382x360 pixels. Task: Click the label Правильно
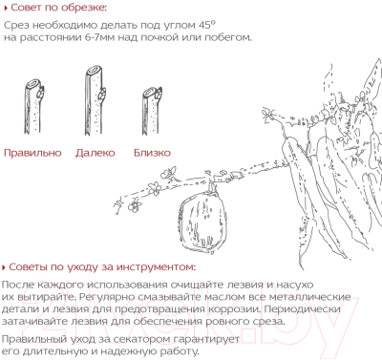(32, 153)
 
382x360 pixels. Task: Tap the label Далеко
(95, 153)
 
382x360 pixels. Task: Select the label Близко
(152, 153)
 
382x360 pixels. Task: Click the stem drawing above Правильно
(34, 107)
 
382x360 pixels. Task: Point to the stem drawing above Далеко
(95, 100)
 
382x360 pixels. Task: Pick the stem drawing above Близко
(152, 111)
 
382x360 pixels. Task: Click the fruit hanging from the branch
(202, 220)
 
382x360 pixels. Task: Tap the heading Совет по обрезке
(59, 8)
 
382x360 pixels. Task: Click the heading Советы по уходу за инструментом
(102, 266)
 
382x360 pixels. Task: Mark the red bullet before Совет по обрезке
(5, 9)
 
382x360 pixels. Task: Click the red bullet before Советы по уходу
(4, 267)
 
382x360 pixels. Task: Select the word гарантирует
(206, 339)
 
